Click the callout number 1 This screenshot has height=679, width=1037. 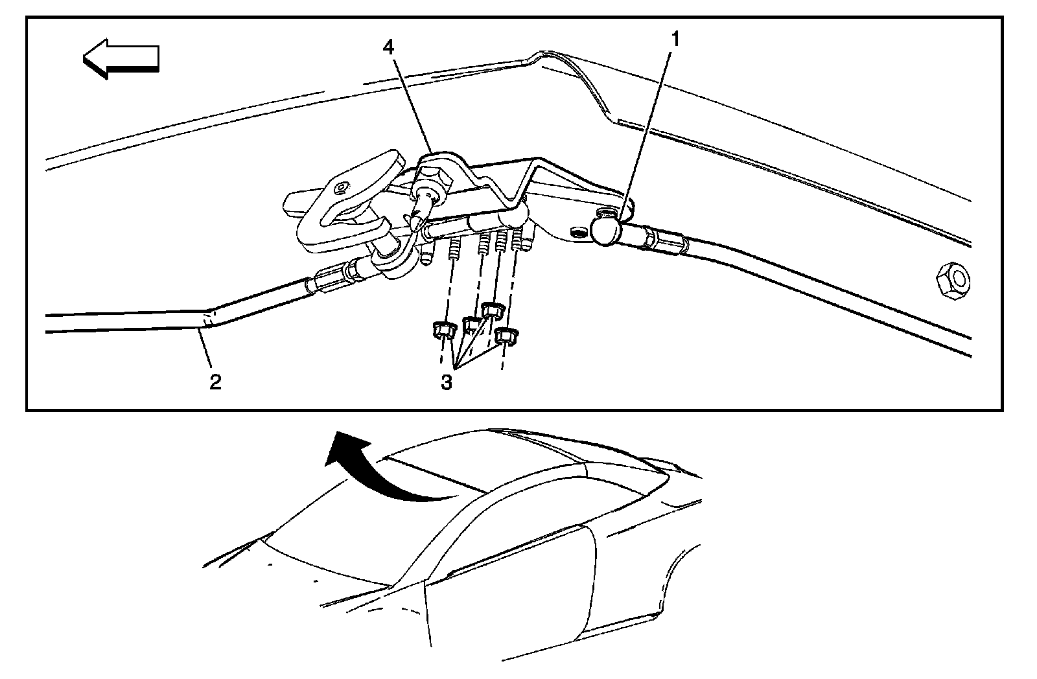[675, 40]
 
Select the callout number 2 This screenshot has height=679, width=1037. [215, 382]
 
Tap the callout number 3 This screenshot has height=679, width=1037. [446, 382]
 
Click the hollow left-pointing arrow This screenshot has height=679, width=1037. [121, 58]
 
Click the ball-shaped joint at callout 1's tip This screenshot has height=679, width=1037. [607, 231]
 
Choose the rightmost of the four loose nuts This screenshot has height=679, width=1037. [506, 336]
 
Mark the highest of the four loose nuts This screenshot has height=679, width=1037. [494, 310]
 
